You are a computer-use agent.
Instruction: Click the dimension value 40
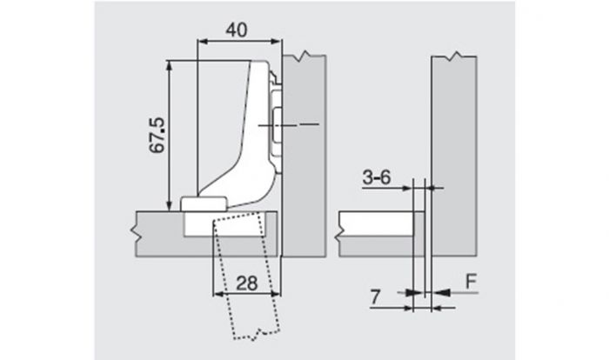(237, 30)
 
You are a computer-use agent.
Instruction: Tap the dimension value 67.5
(158, 135)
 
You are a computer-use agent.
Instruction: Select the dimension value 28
(247, 283)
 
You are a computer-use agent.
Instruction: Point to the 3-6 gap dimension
(377, 177)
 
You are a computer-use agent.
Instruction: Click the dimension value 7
(375, 297)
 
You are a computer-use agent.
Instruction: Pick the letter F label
(472, 282)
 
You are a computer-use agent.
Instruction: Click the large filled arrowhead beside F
(442, 292)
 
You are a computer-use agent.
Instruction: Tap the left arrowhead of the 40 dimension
(202, 41)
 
